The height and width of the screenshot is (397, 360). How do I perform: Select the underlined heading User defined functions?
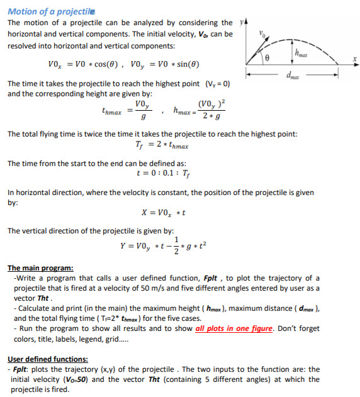(x=47, y=359)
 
